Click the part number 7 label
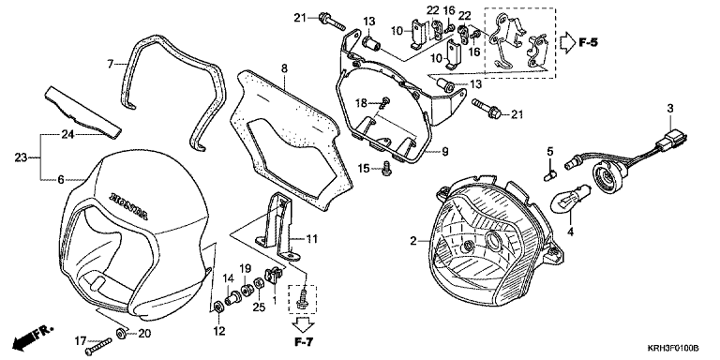pos(111,64)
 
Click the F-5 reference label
pos(588,43)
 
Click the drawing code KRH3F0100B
pos(673,349)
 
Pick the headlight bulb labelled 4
pos(565,200)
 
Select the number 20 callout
pos(144,334)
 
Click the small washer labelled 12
pos(217,306)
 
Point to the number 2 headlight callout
pos(412,241)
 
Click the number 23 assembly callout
pos(22,157)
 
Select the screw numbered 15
pos(386,169)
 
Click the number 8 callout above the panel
pos(284,68)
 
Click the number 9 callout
pos(444,152)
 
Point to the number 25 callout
pos(259,307)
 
